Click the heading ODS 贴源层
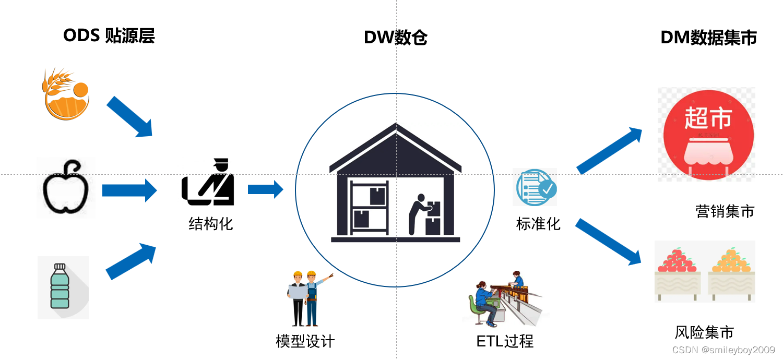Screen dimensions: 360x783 (109, 35)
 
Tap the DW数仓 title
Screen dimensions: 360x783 (395, 38)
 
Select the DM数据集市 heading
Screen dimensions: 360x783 (708, 38)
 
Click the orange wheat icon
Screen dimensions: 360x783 (66, 94)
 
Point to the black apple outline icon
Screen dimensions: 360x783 (65, 188)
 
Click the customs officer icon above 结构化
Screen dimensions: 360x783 (208, 182)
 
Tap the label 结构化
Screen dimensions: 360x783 (210, 224)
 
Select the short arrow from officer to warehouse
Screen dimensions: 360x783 (265, 189)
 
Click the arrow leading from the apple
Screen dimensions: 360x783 (129, 190)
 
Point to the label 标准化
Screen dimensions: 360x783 (538, 224)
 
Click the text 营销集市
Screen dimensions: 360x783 (725, 211)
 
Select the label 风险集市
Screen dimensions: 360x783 (704, 332)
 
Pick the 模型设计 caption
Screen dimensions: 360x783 (305, 341)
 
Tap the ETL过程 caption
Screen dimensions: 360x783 (505, 341)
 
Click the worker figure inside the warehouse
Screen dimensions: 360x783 (419, 213)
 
